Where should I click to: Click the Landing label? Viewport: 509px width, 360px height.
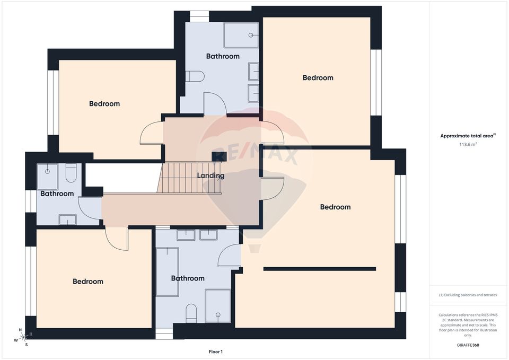(x=210, y=175)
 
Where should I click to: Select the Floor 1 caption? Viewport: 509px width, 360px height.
(x=215, y=352)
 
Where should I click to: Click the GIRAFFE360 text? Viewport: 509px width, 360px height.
(x=468, y=345)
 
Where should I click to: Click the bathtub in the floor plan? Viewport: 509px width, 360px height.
(x=167, y=271)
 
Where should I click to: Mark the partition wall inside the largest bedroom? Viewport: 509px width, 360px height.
(x=320, y=269)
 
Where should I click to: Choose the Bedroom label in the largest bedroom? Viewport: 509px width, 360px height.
(x=335, y=207)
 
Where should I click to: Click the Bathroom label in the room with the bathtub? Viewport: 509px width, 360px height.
(x=188, y=278)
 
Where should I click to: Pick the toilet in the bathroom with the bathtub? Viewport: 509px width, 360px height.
(x=191, y=313)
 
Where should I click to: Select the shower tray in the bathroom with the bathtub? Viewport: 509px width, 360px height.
(x=218, y=306)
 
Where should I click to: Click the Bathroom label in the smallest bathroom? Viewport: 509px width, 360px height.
(x=57, y=194)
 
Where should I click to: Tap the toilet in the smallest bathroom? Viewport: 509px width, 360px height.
(x=71, y=173)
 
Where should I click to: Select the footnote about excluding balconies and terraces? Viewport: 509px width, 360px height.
(x=468, y=295)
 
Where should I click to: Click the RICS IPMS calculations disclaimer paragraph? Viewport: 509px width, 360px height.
(x=468, y=324)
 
